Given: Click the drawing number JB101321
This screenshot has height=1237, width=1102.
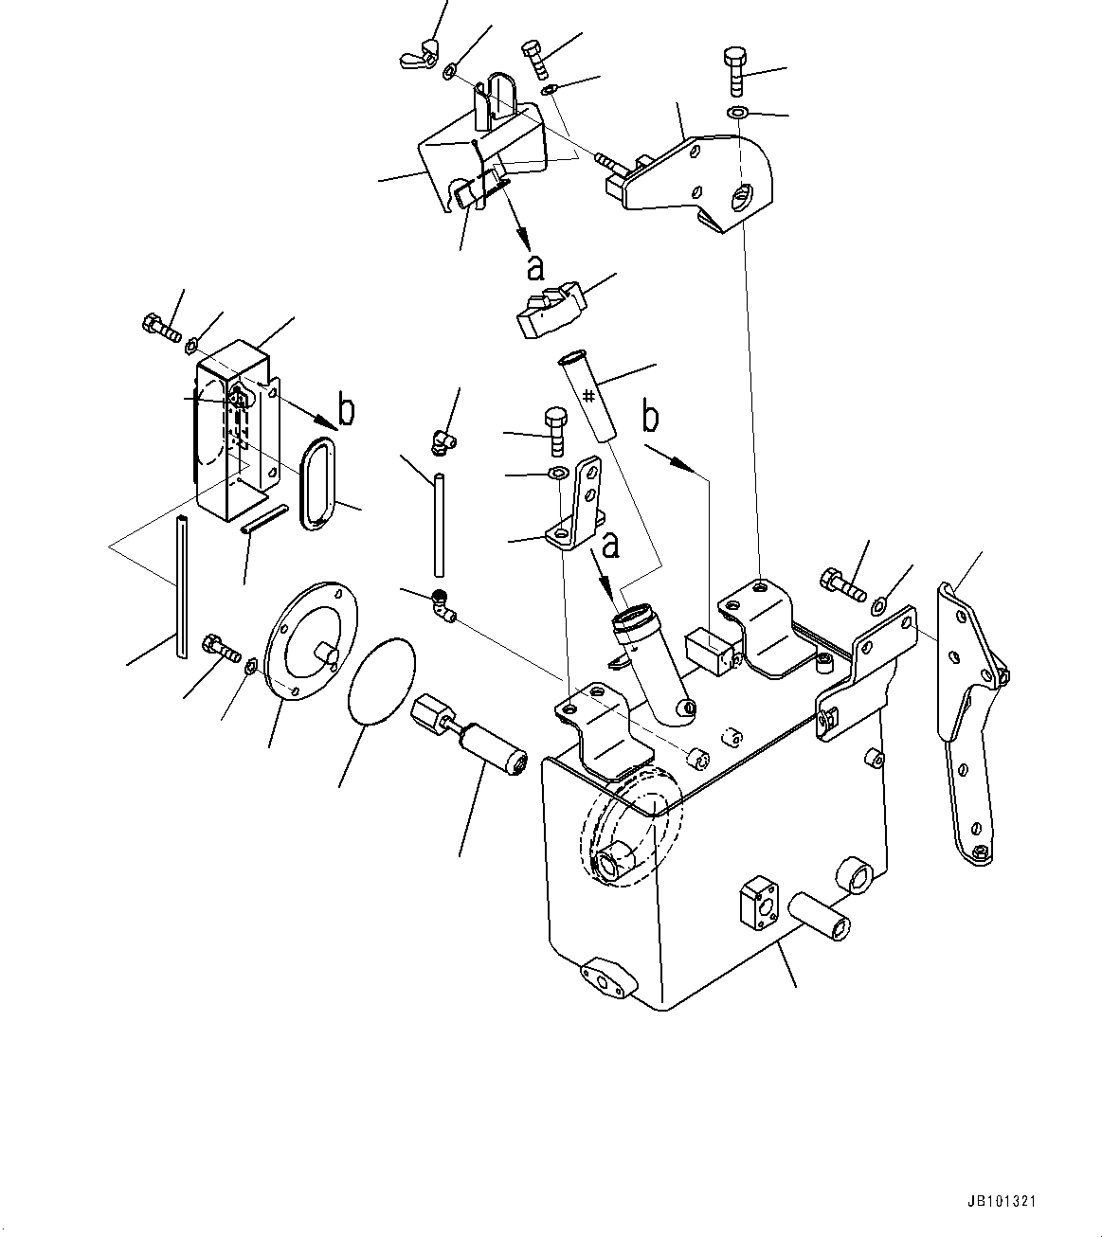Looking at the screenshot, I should coord(1003,1201).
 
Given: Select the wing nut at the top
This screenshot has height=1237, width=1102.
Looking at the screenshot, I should coord(420,54).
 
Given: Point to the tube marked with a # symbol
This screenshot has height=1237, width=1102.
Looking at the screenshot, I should coord(588,395).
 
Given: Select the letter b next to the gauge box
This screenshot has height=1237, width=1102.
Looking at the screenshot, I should coord(347,409).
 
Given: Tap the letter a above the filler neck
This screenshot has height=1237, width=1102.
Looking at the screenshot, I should coord(611,545).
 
